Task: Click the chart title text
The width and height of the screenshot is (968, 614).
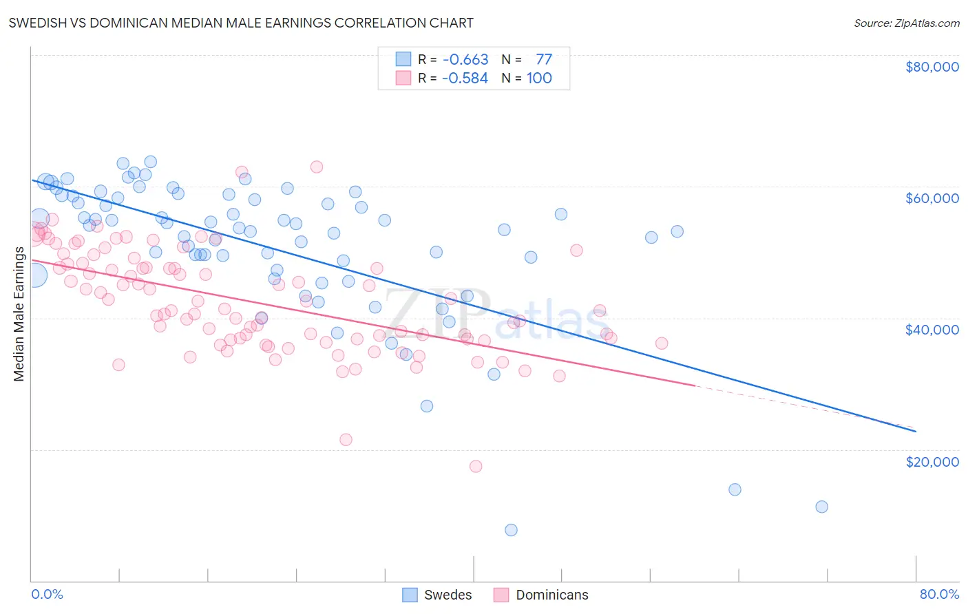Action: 240,23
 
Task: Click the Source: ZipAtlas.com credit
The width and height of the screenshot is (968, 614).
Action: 906,23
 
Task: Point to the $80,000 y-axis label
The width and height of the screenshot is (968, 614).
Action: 932,67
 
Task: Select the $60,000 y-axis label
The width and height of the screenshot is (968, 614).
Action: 932,198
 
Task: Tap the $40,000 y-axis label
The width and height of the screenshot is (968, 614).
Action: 932,330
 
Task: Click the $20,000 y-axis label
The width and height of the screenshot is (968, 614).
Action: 932,461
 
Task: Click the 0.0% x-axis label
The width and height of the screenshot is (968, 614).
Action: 47,594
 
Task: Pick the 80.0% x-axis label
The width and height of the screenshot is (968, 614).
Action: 939,594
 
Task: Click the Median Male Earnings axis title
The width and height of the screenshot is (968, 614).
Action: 19,313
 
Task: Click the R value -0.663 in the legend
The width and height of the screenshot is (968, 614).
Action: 465,60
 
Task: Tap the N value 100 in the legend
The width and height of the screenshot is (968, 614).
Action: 539,78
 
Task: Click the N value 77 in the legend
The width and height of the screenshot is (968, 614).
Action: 543,60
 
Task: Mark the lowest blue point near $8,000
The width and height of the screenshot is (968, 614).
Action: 511,530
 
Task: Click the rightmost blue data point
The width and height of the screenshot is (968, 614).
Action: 821,507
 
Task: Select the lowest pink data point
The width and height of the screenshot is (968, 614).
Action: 476,466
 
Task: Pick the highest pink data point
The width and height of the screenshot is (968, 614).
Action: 317,167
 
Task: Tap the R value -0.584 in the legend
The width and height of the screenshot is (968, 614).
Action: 465,78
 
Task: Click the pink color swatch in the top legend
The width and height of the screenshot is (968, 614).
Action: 403,78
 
